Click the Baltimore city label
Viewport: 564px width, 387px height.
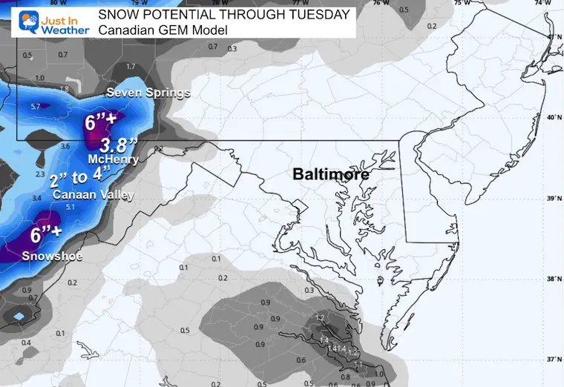pyautogui.click(x=331, y=175)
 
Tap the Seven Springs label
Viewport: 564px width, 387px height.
pyautogui.click(x=148, y=93)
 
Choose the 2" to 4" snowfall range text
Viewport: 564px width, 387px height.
pyautogui.click(x=79, y=179)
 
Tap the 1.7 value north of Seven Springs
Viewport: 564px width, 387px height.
pyautogui.click(x=131, y=67)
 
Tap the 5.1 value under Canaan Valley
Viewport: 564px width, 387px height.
pyautogui.click(x=91, y=208)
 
